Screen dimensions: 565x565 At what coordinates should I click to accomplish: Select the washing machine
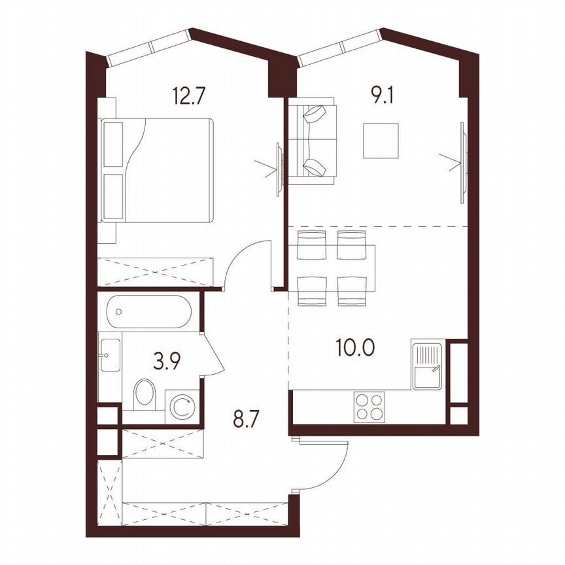tap(181, 405)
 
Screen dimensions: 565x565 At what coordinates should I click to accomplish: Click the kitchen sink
tap(428, 365)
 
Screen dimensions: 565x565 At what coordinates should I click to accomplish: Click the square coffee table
tap(381, 141)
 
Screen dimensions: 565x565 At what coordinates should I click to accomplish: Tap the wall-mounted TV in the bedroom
tap(279, 169)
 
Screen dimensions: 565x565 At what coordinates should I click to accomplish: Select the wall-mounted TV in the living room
tap(464, 160)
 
